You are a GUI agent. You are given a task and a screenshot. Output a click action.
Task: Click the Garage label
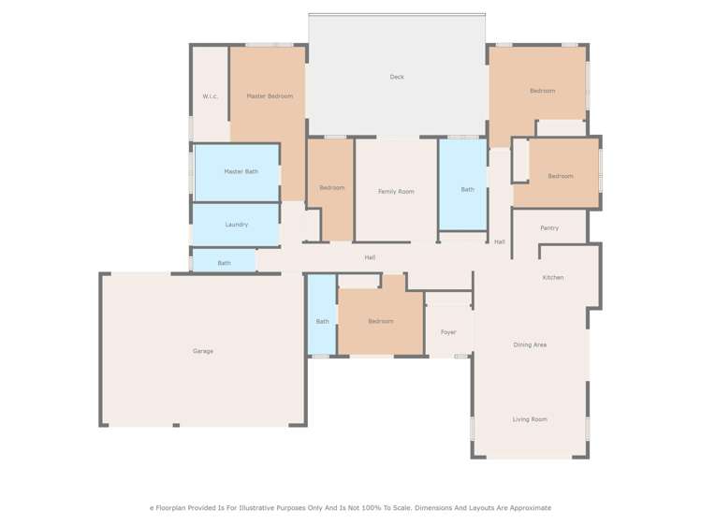[203, 351]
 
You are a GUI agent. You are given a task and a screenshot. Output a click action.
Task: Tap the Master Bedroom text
[270, 96]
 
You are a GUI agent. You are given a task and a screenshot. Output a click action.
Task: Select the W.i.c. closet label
[211, 96]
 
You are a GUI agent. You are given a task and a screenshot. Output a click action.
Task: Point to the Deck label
[397, 77]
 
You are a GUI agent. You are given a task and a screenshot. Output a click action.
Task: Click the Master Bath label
[241, 171]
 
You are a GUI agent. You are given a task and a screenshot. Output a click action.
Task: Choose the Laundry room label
[237, 225]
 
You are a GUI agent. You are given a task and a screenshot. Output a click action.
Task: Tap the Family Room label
[396, 191]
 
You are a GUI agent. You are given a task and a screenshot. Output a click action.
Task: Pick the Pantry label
[549, 227]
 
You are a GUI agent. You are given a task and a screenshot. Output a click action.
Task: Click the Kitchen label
[553, 277]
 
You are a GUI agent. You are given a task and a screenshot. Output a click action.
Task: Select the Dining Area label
[530, 344]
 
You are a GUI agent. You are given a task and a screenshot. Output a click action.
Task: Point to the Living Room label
[530, 419]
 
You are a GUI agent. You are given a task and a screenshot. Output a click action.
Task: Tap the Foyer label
[448, 332]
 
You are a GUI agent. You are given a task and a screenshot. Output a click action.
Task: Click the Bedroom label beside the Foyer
[381, 321]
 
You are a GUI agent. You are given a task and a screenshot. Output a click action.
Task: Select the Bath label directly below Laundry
[225, 263]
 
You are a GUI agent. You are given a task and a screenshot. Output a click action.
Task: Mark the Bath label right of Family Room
[467, 189]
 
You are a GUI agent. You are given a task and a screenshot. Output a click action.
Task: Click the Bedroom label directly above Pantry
[561, 176]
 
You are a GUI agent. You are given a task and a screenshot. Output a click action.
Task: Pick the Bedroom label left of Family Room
[332, 187]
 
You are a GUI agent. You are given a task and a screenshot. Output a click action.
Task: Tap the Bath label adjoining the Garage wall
[322, 321]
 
